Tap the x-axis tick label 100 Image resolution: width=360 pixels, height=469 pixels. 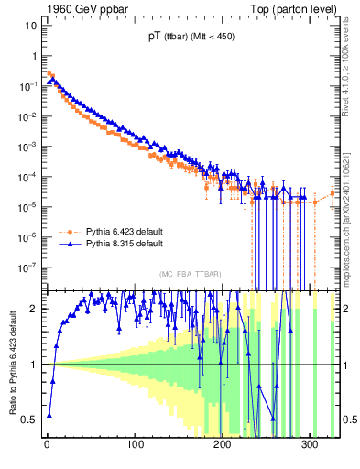click(x=135, y=446)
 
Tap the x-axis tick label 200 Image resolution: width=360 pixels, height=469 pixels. click(x=223, y=446)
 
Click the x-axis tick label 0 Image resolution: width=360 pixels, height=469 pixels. click(x=47, y=446)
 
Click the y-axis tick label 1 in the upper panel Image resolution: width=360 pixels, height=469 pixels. click(x=34, y=56)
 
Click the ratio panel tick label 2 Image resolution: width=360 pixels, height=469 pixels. click(x=34, y=309)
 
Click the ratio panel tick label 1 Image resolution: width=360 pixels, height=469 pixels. click(x=34, y=365)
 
